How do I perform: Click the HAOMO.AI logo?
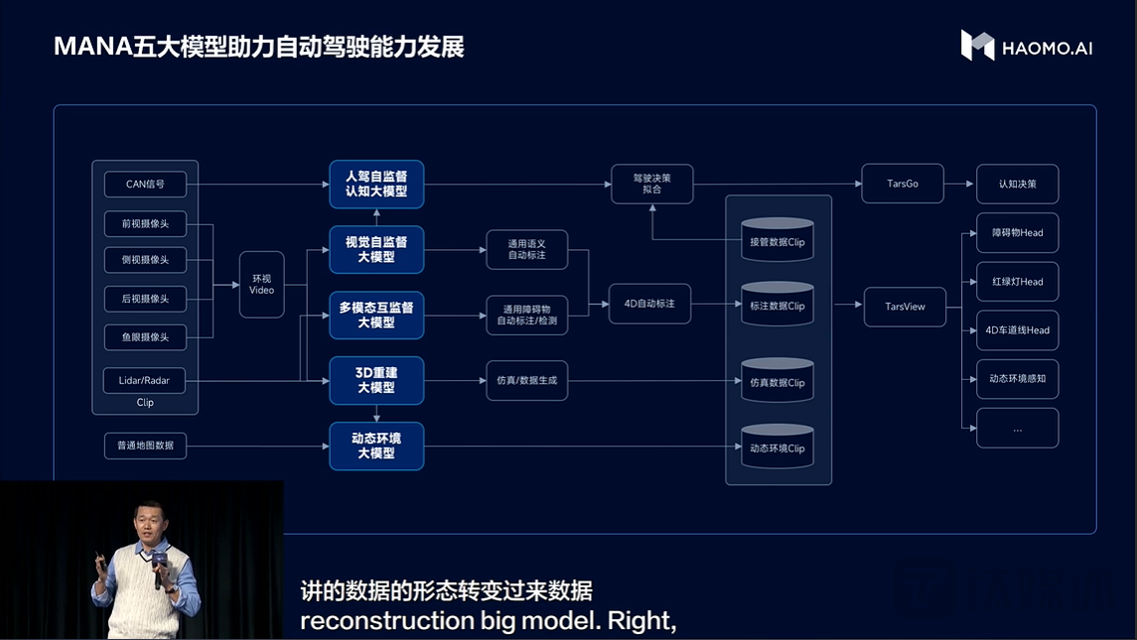coord(1026,46)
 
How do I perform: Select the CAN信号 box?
coord(145,184)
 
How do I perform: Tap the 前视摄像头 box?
coord(145,224)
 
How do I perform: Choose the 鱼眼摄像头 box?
coord(145,337)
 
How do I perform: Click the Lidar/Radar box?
coord(145,380)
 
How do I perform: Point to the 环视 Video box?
coord(262,284)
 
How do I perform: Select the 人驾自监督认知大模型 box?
coord(376,184)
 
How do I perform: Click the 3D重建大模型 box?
coord(376,380)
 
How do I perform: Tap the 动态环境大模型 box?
coord(376,446)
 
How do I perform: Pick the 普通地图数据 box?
coord(145,446)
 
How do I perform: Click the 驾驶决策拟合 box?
coord(651,184)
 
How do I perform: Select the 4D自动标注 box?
coord(649,304)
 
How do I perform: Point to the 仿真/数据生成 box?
coord(526,380)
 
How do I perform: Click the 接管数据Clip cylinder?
coord(778,241)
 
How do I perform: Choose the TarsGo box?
coord(903,184)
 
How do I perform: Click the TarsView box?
coord(905,307)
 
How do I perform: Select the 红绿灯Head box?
coord(1017,282)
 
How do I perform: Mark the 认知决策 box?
coord(1017,184)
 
